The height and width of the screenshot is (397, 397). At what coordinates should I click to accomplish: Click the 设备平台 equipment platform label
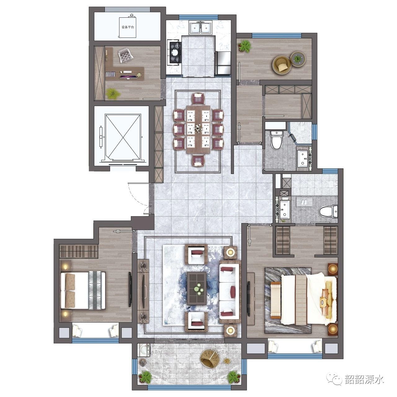(x=128, y=27)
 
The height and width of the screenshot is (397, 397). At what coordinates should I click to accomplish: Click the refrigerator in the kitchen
(x=223, y=63)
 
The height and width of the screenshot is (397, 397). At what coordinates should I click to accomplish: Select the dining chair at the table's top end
(x=198, y=98)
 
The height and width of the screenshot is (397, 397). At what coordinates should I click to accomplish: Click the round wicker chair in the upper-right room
(x=281, y=65)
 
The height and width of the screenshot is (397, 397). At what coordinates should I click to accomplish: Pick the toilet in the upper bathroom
(x=276, y=141)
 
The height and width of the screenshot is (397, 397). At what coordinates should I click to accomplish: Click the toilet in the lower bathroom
(x=328, y=212)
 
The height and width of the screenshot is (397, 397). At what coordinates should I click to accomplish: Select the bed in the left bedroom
(x=83, y=291)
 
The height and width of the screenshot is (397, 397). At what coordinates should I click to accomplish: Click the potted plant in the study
(x=113, y=94)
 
